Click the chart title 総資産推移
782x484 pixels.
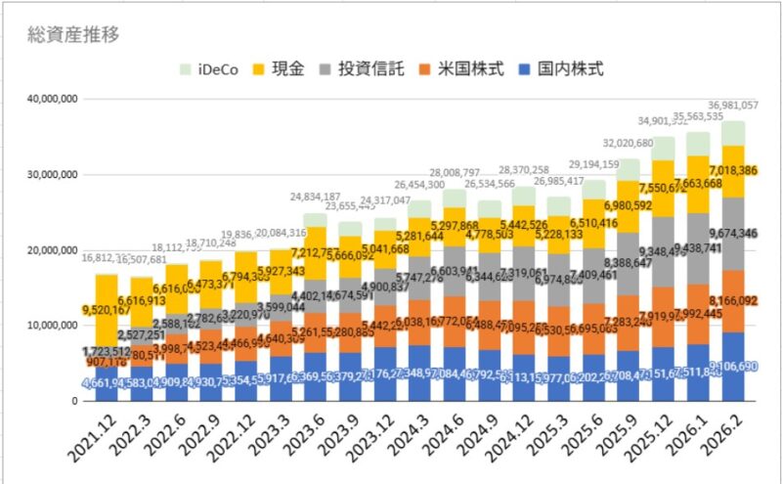(72, 36)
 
